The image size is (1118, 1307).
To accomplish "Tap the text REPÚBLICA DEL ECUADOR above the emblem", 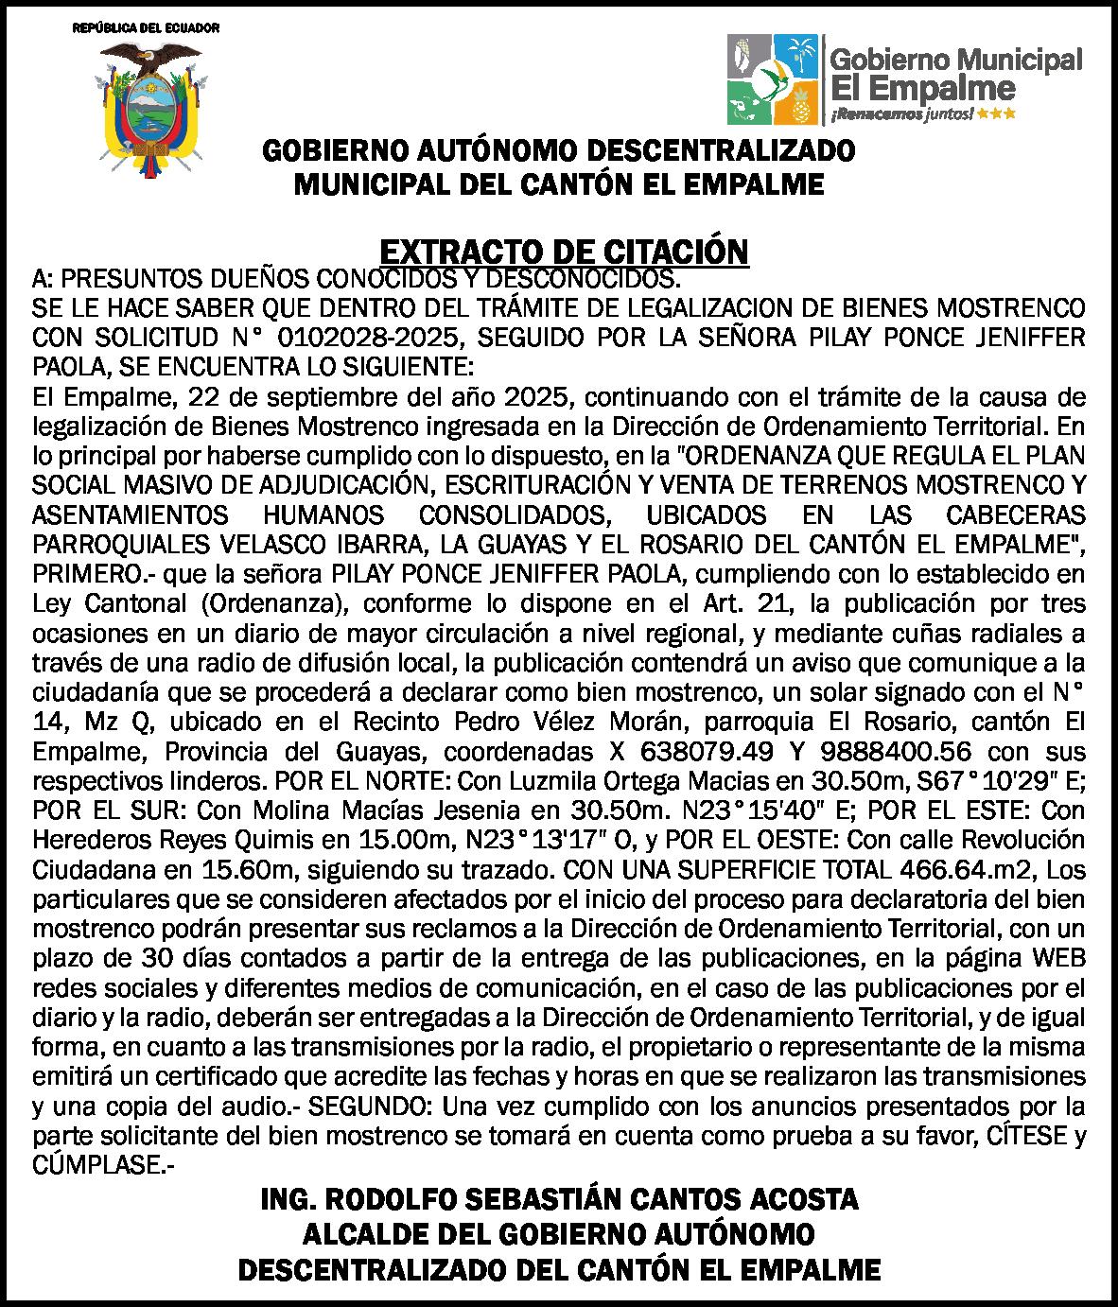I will (x=147, y=27).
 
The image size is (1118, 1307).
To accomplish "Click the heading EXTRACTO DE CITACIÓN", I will (x=564, y=252).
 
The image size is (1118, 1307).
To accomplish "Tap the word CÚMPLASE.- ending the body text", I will (x=104, y=1164).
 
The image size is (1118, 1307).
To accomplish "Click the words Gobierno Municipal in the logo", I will (x=955, y=61).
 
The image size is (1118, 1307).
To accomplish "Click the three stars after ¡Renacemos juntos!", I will (x=999, y=113).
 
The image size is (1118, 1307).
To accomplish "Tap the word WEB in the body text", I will (x=1059, y=957).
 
